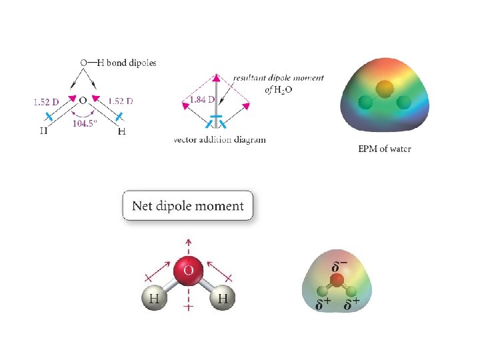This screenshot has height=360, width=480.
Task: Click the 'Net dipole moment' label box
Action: coord(188,206)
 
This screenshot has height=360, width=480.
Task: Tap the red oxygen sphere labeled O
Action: coord(189,271)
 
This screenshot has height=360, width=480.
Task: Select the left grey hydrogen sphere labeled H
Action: coord(154,299)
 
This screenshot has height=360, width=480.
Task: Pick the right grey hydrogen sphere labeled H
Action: coord(223,299)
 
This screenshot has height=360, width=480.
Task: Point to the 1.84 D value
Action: coord(201,100)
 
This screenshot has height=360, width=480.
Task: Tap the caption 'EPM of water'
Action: coord(385,149)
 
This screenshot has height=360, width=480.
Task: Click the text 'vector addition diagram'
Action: coord(219,140)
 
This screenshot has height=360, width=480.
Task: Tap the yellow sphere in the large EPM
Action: coord(385,88)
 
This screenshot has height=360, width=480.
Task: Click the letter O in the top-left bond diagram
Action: coord(83,101)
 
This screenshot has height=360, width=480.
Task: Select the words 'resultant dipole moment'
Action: coord(279,77)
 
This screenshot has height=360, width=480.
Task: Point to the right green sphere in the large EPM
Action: coord(403,103)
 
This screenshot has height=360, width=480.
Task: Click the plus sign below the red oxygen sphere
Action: coord(189,308)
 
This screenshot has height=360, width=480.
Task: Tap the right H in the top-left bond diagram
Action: coord(121,131)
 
